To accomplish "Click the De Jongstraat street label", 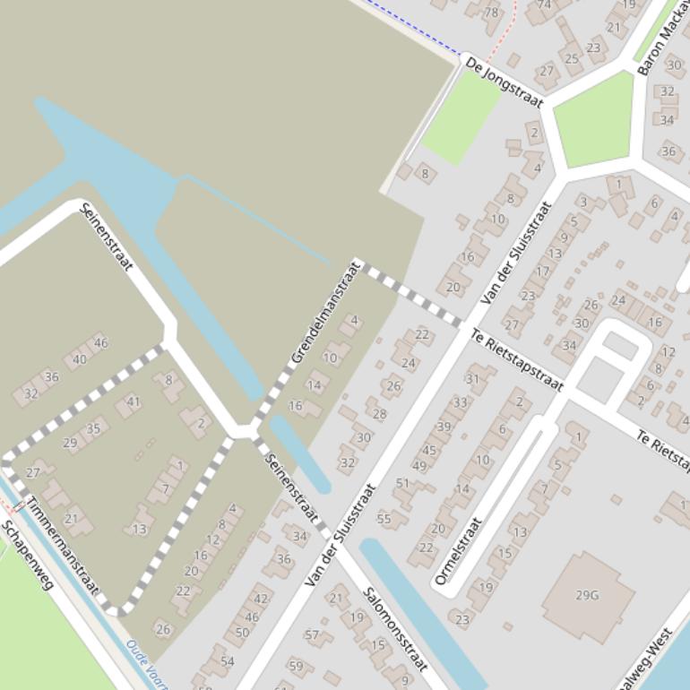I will point(505,82).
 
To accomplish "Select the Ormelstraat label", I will point(458,551).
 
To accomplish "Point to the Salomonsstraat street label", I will point(394,629).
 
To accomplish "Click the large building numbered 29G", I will point(588,595).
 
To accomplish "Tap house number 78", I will point(491,13).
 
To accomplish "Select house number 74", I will point(544,5).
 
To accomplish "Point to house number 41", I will point(134,402).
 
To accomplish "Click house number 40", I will point(80,360).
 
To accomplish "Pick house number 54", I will point(227,661).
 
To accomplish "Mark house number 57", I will point(312,635).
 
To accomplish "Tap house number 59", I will point(296,667).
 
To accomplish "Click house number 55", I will point(384,519).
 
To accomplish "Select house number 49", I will point(419,466).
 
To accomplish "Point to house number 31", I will point(473,379).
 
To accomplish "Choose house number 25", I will point(572,59).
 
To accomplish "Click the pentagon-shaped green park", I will point(593,119).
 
